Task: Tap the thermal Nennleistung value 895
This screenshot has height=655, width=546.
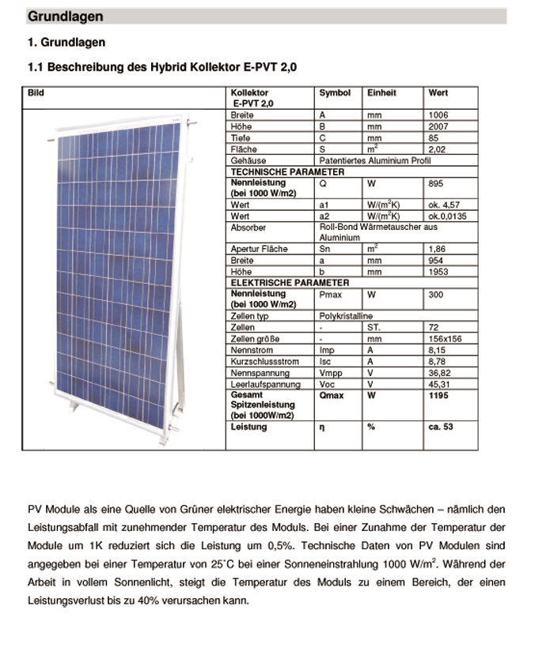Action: point(436,183)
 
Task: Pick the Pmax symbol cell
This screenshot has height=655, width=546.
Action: point(330,293)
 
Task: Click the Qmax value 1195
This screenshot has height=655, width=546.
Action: point(438,395)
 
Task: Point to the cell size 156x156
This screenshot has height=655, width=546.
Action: point(442,338)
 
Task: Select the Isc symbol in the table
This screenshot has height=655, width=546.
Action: point(324,361)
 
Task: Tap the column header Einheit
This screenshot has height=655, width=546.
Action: point(381,92)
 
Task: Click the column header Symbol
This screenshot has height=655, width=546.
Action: point(335,92)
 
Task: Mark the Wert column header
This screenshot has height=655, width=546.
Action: point(438,92)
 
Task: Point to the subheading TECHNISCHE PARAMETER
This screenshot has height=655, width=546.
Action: point(286,171)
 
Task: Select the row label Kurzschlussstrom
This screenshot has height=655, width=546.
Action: point(264,361)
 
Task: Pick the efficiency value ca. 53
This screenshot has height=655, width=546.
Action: point(442,427)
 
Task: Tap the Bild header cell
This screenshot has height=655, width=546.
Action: point(36,92)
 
